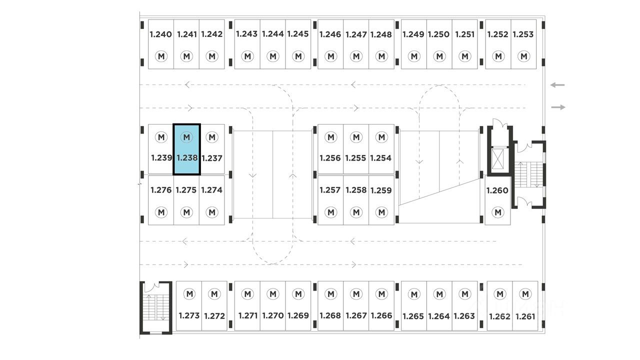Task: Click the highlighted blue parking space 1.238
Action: click(186, 149)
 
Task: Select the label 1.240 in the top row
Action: click(160, 34)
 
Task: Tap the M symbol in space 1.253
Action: click(524, 56)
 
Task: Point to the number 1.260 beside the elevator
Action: click(497, 190)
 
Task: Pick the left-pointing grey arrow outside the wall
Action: click(557, 85)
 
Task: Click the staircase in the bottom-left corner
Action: click(155, 307)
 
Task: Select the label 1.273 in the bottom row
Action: click(189, 315)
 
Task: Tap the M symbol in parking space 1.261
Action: click(524, 294)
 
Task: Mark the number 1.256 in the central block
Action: click(330, 158)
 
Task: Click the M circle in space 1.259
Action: click(381, 212)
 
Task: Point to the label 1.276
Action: click(161, 190)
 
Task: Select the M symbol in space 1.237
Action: click(212, 137)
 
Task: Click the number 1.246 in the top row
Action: click(330, 34)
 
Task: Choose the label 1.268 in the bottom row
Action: click(330, 315)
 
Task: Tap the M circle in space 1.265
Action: click(414, 294)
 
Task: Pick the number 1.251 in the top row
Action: click(465, 34)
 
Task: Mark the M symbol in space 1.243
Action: click(247, 56)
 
